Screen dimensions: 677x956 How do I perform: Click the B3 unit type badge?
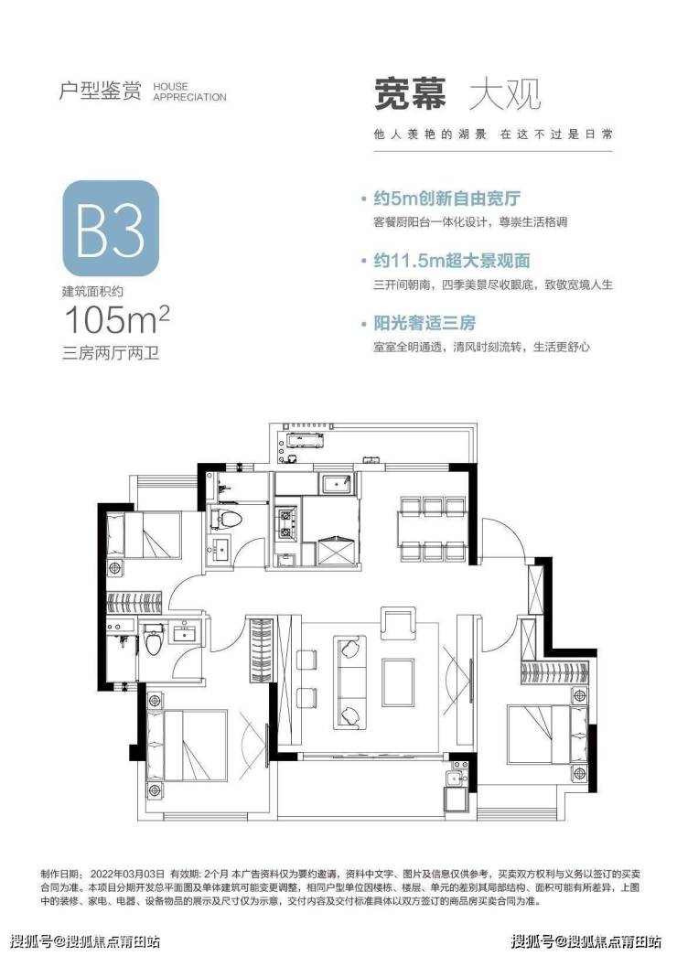[111, 228]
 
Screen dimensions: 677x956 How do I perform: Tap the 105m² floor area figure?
[116, 319]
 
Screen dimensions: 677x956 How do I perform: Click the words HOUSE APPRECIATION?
[189, 91]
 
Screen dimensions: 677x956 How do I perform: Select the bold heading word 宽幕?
[410, 94]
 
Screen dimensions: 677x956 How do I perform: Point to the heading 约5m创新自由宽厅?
[446, 199]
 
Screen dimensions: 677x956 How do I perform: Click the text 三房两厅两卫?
[111, 352]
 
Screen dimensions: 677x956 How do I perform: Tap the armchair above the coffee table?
[398, 621]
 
